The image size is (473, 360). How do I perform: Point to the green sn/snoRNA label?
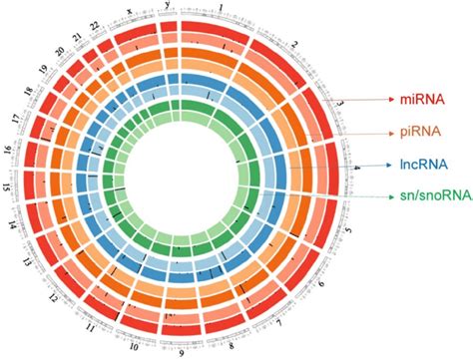(427, 196)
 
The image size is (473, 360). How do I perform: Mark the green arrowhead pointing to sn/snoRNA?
(376, 197)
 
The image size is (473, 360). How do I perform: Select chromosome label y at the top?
(166, 6)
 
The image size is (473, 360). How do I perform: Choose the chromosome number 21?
(77, 39)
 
